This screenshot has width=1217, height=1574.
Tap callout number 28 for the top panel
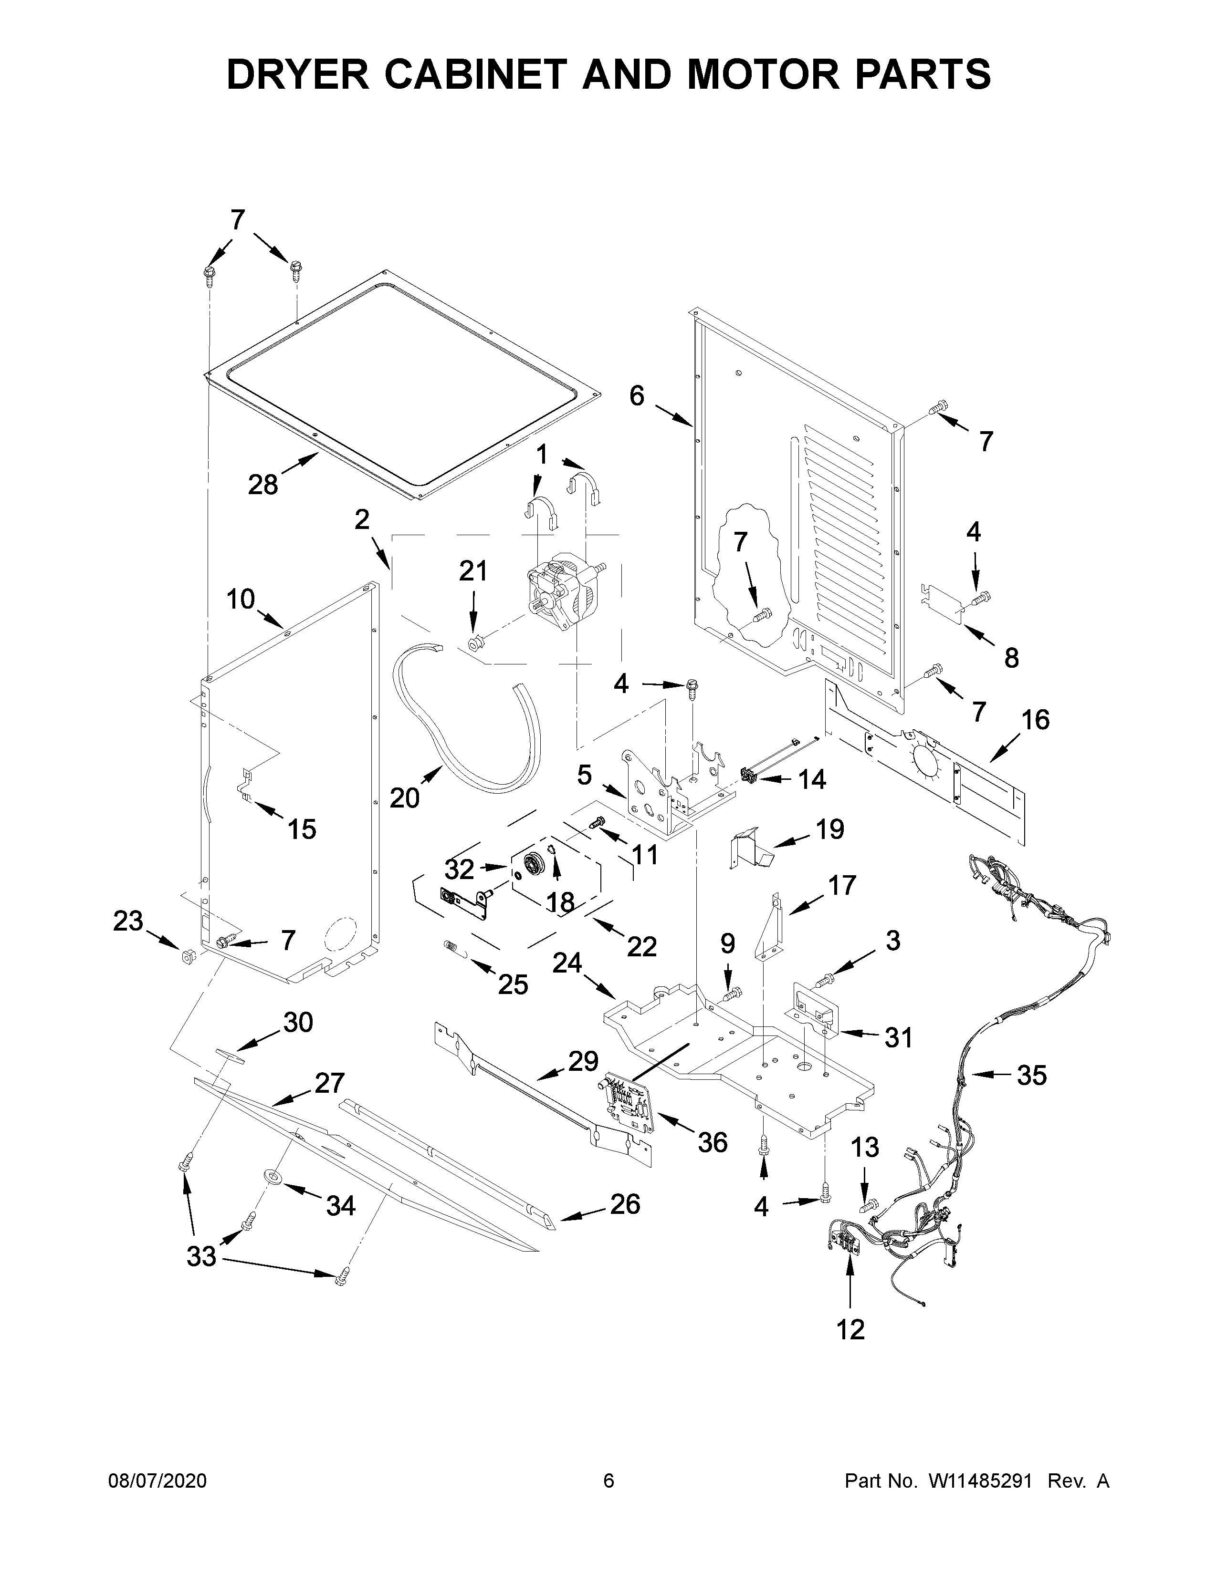coord(263,484)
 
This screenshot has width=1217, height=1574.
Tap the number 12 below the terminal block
coord(851,1330)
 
